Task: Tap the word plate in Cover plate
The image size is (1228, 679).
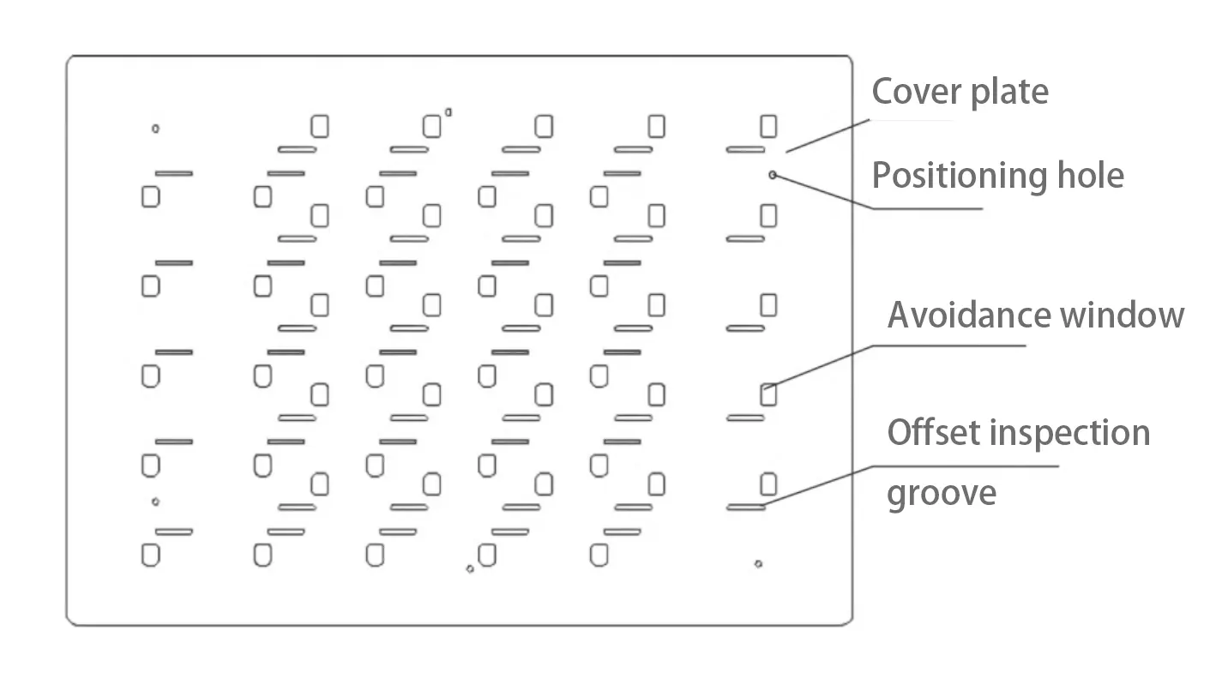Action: click(x=1007, y=92)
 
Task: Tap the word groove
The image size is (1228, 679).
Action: click(x=941, y=493)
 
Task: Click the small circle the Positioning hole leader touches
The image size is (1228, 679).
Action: click(x=773, y=175)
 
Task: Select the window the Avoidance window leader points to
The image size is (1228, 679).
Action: click(x=768, y=395)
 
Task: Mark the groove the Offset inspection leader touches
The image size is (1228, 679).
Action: click(x=745, y=508)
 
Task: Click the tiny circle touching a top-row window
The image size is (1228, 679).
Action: click(x=448, y=112)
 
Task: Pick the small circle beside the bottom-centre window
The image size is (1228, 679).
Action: click(x=470, y=568)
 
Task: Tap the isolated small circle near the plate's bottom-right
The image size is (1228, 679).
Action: click(x=758, y=563)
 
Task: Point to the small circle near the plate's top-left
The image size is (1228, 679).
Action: click(x=155, y=129)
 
